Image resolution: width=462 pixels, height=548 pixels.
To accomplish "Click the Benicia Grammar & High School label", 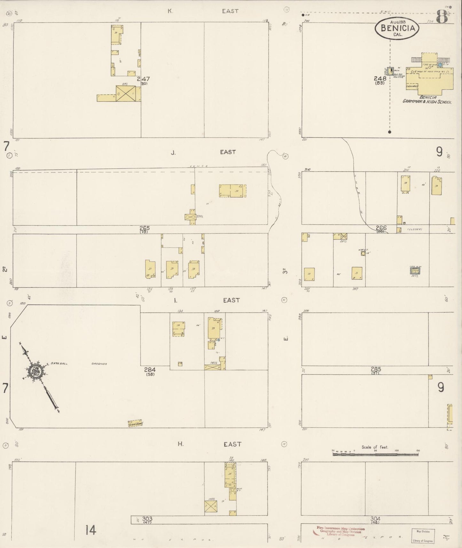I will pyautogui.click(x=427, y=99).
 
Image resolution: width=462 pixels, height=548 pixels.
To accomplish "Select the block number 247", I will pyautogui.click(x=143, y=79).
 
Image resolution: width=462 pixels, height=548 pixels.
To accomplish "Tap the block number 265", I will pyautogui.click(x=145, y=228).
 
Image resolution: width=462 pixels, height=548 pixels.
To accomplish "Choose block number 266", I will pyautogui.click(x=381, y=228).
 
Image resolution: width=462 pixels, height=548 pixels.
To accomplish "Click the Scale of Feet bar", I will pyautogui.click(x=375, y=454).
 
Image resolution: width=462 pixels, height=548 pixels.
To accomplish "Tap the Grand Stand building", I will pyautogui.click(x=135, y=424).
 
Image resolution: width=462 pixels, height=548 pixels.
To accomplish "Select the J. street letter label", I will pyautogui.click(x=173, y=153).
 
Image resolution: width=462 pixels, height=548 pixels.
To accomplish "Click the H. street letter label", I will pyautogui.click(x=181, y=444).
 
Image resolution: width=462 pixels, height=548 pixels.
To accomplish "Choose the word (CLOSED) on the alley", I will pyautogui.click(x=415, y=229).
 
